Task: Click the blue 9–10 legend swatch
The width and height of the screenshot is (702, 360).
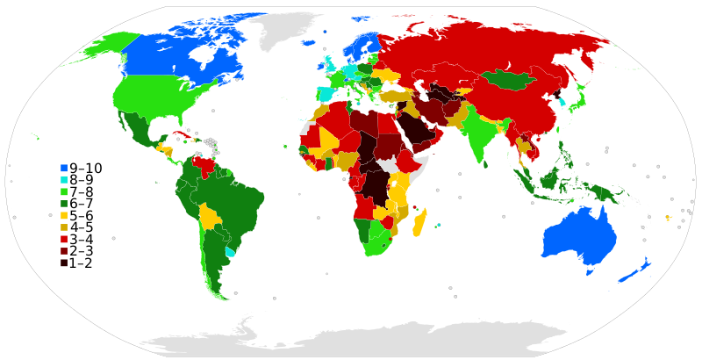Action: click(x=64, y=168)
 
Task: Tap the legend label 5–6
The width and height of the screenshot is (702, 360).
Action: click(x=85, y=215)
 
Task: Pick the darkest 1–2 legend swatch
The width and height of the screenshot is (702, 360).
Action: click(x=64, y=263)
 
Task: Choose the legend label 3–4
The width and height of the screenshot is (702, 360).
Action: click(x=85, y=239)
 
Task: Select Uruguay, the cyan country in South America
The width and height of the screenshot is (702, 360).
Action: click(x=230, y=251)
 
